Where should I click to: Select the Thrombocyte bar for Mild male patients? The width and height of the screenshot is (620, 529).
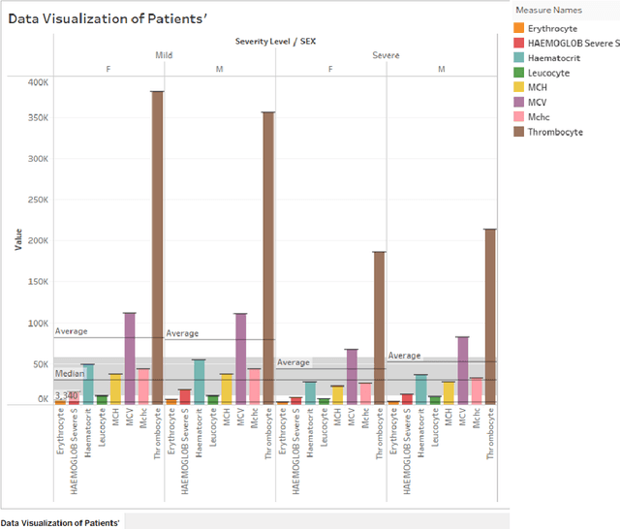tap(268, 258)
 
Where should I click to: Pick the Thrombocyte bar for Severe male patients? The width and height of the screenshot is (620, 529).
tap(490, 316)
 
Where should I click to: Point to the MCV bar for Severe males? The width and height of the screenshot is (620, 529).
tap(463, 369)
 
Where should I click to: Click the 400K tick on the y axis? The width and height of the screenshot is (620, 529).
tap(37, 83)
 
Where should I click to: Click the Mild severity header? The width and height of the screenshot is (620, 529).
tap(164, 55)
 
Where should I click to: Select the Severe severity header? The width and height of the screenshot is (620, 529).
tap(387, 55)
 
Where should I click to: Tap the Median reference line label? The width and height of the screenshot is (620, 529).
tap(69, 373)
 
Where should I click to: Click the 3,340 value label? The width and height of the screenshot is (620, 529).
tap(66, 395)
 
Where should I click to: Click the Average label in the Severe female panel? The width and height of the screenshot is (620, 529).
tap(294, 362)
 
